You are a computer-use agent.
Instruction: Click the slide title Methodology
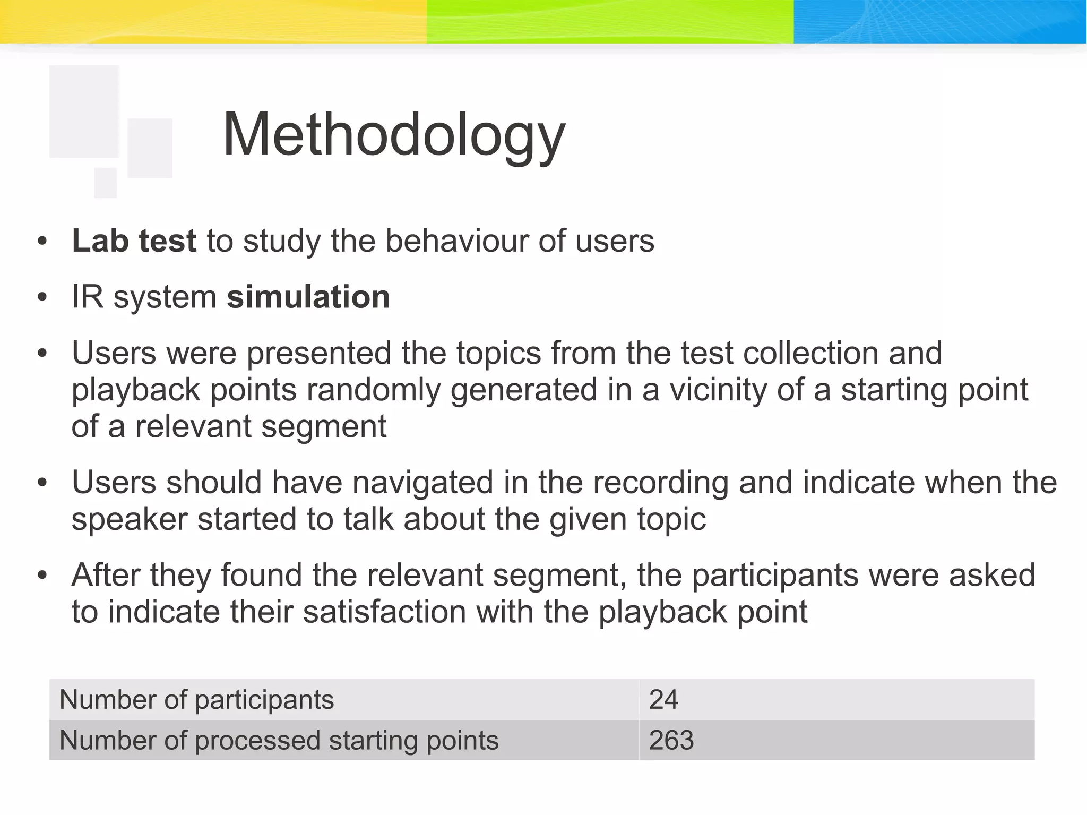click(x=394, y=135)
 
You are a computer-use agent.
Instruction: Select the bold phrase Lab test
click(x=134, y=241)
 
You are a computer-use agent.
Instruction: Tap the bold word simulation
click(x=308, y=297)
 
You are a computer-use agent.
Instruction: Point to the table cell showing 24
click(x=663, y=700)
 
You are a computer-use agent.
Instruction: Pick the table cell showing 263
click(x=671, y=741)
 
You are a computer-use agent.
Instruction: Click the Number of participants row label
click(x=196, y=700)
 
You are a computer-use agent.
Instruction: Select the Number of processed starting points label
click(x=279, y=741)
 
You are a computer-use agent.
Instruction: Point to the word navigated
click(x=422, y=483)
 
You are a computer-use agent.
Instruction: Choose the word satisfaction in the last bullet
click(x=384, y=612)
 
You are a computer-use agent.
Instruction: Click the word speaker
click(x=130, y=519)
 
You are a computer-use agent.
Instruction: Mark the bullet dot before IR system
click(x=42, y=298)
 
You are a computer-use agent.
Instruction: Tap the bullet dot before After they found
click(x=42, y=576)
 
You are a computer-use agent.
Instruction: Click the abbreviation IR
click(x=87, y=297)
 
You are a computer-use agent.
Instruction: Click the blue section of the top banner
click(x=939, y=21)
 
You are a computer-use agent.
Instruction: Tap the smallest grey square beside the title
click(x=105, y=183)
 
